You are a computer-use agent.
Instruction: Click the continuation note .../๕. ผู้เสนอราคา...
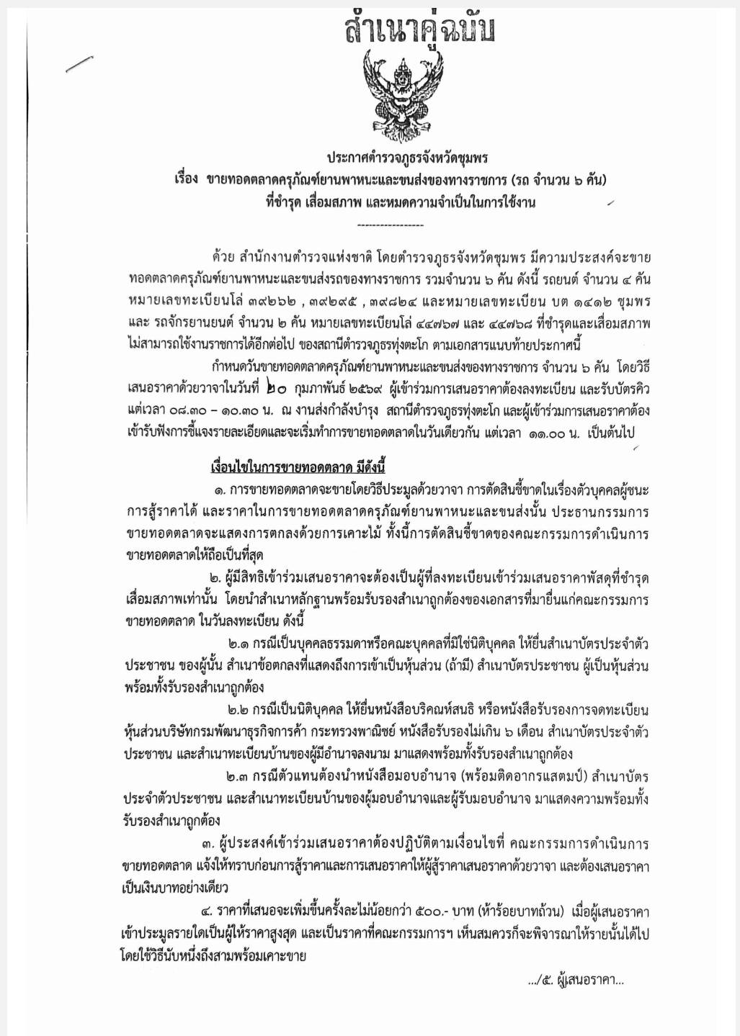click(x=576, y=979)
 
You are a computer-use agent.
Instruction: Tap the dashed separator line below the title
click(x=390, y=226)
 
